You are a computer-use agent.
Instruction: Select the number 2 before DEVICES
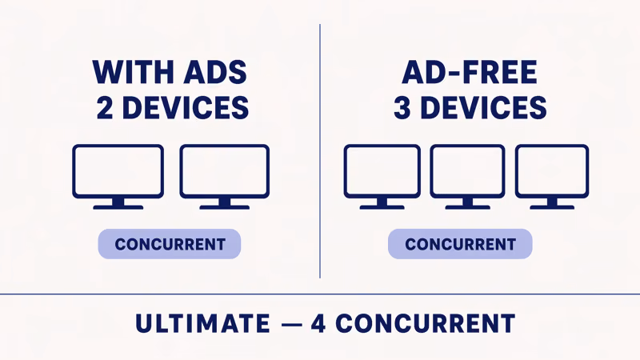coord(105,107)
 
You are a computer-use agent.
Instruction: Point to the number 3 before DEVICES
coord(402,107)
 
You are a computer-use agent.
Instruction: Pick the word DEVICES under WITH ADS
coord(184,107)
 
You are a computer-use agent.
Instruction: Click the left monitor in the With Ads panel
coord(118,171)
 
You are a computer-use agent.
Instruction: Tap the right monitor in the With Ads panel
coord(225,171)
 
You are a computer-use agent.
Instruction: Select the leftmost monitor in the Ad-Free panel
coord(382,171)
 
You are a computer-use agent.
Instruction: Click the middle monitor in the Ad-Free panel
coord(467,171)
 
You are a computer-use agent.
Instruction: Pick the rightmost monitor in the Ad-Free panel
coord(552,171)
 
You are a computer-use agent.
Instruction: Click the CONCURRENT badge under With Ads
coord(170,244)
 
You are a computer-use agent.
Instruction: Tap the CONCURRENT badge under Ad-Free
coord(460,244)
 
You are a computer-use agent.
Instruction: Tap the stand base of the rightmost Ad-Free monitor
coord(552,206)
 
